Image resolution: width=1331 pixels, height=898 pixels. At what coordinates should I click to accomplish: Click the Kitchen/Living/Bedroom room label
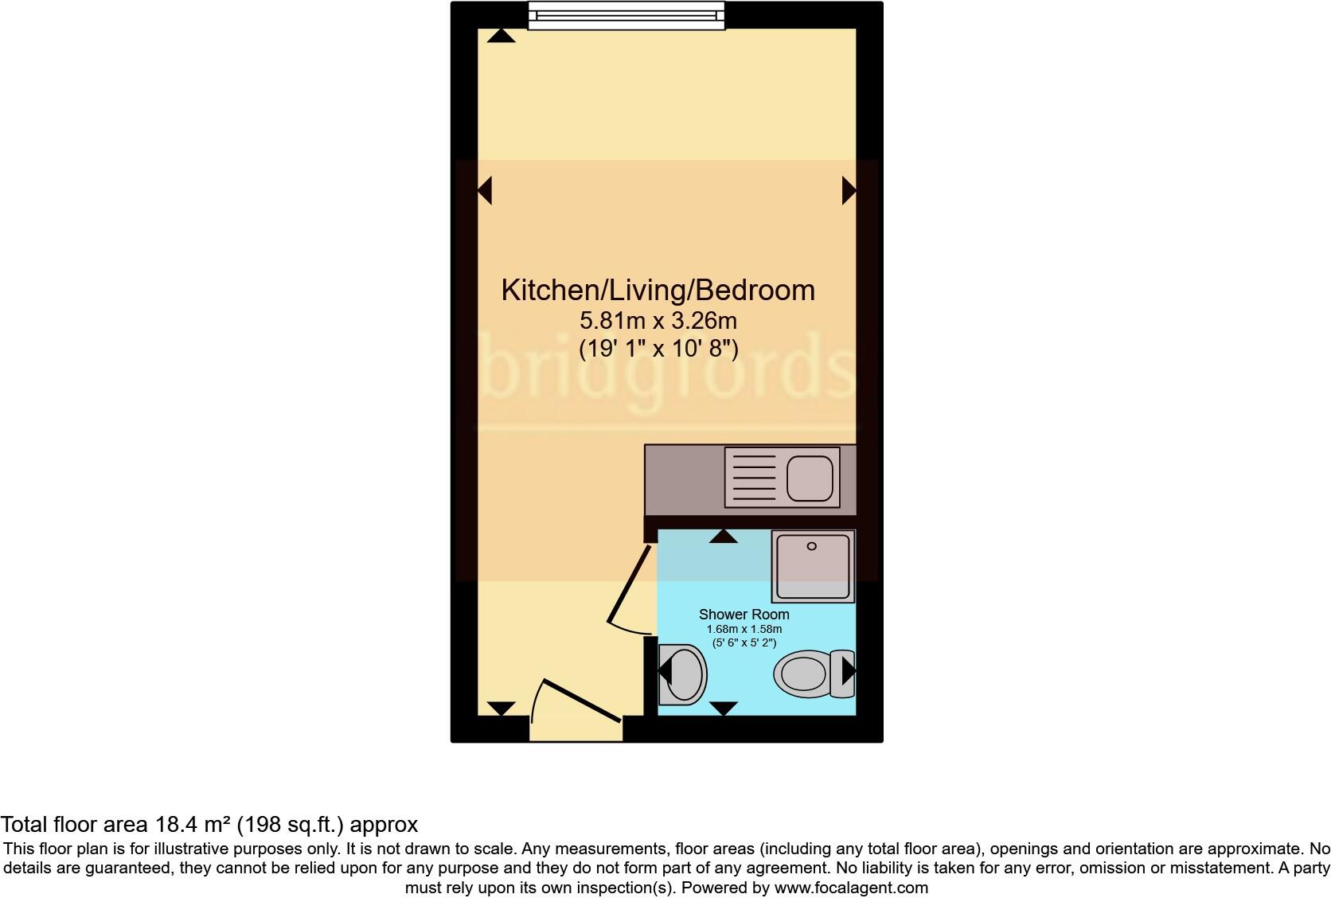coord(658,290)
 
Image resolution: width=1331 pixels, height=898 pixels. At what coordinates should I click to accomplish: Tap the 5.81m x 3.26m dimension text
coord(658,321)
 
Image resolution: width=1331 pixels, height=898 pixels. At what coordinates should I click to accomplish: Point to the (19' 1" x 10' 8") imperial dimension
coord(658,348)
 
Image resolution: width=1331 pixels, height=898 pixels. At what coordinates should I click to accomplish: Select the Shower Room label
coord(744,614)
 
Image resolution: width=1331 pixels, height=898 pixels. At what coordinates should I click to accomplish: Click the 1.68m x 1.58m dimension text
coord(744,629)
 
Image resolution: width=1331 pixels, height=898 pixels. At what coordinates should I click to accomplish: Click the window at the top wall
coord(626,15)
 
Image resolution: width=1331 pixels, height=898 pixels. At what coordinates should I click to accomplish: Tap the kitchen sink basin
coord(810,478)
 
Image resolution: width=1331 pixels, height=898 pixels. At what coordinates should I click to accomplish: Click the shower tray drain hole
coord(812,546)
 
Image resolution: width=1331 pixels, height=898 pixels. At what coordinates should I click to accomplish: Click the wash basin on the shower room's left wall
coord(681,674)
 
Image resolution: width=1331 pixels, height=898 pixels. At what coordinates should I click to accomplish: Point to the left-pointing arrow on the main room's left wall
coord(484,190)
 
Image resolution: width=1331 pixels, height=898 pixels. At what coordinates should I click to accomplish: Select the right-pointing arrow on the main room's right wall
coord(849,190)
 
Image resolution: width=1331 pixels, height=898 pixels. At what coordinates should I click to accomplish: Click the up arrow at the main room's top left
coord(502,35)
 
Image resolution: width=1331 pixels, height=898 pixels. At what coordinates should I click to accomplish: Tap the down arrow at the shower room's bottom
coord(723,708)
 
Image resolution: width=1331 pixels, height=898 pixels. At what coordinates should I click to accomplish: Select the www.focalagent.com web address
coord(850,887)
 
